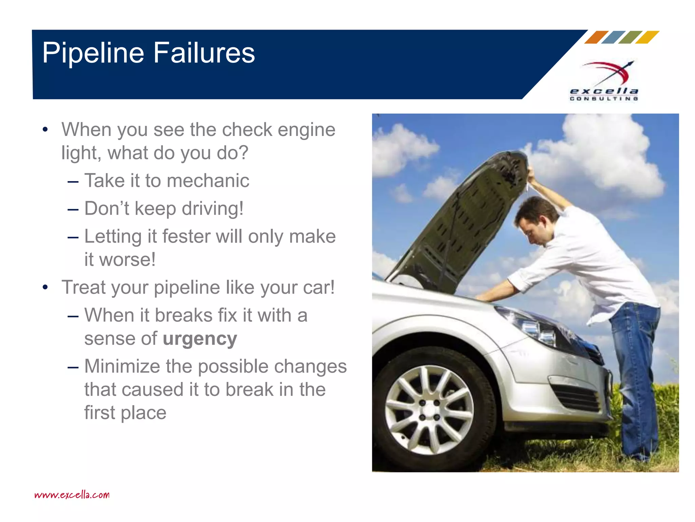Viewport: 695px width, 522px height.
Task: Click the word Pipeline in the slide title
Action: [93, 53]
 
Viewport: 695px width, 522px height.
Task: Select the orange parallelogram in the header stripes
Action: [596, 37]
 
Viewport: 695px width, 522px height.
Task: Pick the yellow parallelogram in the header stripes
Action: [647, 37]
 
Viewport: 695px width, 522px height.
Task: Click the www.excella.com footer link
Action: [72, 494]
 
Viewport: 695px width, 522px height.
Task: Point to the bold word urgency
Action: [200, 339]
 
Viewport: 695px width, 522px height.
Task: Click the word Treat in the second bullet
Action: [83, 288]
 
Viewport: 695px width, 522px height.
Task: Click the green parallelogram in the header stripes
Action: [630, 37]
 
